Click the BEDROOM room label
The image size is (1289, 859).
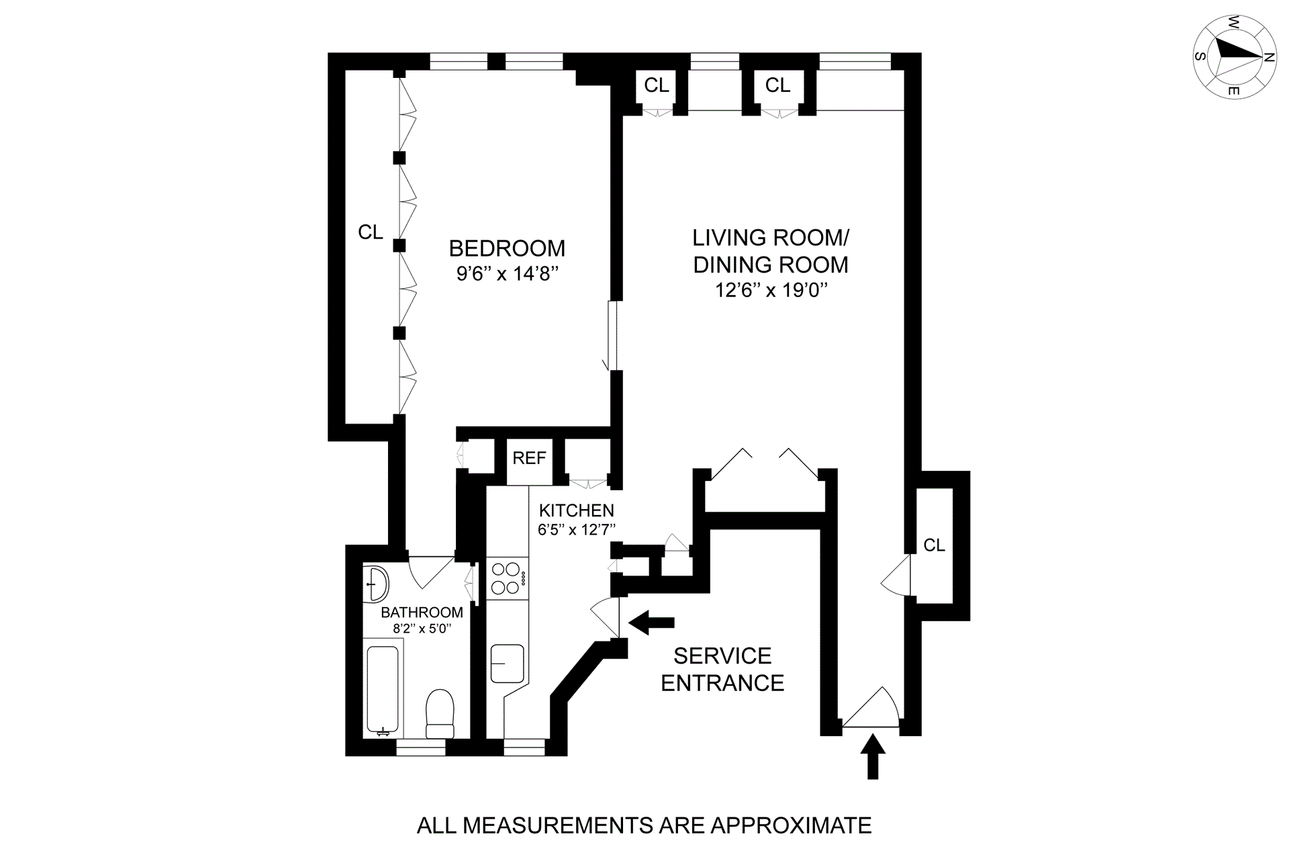click(x=507, y=248)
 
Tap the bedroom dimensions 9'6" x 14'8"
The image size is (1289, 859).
click(x=508, y=274)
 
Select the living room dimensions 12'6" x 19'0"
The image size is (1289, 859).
click(x=771, y=291)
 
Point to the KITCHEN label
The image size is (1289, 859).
click(x=576, y=510)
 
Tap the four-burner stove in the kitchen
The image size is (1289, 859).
click(x=507, y=578)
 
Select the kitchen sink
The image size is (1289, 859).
click(x=507, y=664)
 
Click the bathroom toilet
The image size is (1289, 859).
click(x=440, y=713)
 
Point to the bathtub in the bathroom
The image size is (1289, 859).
click(x=383, y=691)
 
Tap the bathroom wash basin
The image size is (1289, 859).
click(x=376, y=583)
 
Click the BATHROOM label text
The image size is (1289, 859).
click(x=422, y=613)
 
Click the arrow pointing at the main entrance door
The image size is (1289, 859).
click(x=872, y=756)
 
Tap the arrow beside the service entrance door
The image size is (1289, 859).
click(x=651, y=623)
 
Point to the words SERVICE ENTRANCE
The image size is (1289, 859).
click(x=722, y=669)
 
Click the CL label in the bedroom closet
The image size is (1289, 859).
click(x=371, y=232)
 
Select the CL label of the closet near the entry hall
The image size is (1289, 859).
click(x=934, y=545)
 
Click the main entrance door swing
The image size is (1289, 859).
click(x=871, y=707)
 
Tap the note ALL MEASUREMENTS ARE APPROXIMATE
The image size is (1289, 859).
click(x=644, y=825)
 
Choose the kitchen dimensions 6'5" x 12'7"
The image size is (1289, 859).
click(x=576, y=529)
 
